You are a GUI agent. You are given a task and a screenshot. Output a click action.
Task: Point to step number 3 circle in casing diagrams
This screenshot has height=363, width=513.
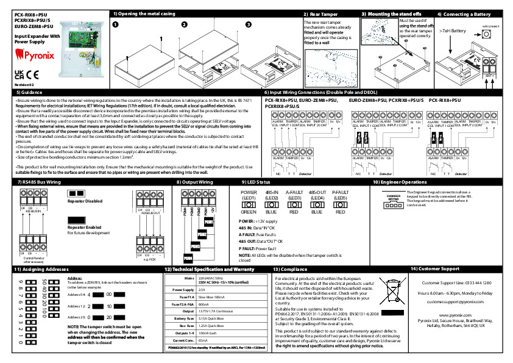pos(248,24)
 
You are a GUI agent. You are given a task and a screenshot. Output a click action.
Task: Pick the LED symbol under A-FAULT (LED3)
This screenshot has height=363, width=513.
pos(294,204)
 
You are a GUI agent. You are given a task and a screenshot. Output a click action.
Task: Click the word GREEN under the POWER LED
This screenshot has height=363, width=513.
pos(249,212)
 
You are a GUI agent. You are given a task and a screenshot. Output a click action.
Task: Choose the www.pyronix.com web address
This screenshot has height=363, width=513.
pos(456,315)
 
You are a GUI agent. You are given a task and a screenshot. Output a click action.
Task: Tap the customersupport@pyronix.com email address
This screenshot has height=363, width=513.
pos(456,302)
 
